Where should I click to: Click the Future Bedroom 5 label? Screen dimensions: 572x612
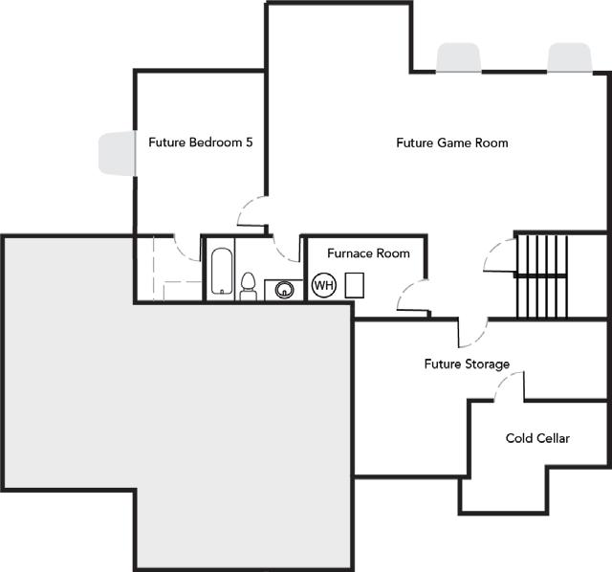click(200, 143)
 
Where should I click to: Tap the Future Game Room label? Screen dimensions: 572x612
click(451, 143)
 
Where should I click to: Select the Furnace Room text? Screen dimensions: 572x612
click(368, 253)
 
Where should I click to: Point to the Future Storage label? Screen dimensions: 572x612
click(467, 364)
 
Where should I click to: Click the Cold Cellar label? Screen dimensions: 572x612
click(537, 438)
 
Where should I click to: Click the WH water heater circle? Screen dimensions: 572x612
click(323, 285)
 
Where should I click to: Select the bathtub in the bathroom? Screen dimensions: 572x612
click(221, 271)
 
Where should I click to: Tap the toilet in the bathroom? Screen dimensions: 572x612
click(248, 285)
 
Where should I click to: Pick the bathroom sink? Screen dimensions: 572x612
click(283, 288)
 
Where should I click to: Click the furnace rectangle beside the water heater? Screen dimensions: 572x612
click(354, 284)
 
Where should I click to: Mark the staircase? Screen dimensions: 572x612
click(540, 275)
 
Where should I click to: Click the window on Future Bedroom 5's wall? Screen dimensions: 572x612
click(116, 153)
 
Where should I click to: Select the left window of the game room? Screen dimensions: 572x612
click(459, 58)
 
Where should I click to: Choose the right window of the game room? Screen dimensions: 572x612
click(568, 57)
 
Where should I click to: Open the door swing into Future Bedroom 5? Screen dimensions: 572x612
click(251, 212)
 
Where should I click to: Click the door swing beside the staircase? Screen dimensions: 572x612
click(501, 255)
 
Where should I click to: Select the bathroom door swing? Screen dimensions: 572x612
click(285, 246)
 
